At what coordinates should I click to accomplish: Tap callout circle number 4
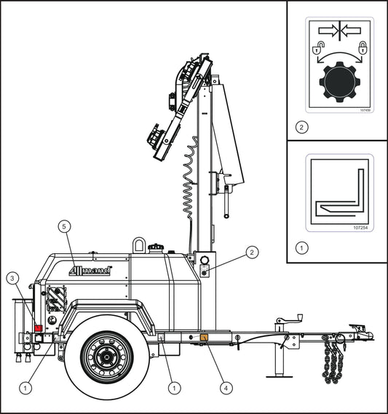(x=226, y=388)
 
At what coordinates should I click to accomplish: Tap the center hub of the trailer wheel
(x=106, y=358)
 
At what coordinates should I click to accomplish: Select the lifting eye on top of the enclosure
(x=140, y=244)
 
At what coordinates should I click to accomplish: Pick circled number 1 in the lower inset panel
(x=302, y=247)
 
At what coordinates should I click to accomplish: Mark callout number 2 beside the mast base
(x=251, y=252)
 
